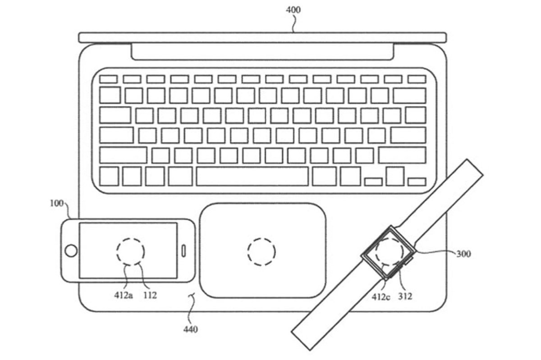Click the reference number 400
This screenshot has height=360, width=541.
[293, 9]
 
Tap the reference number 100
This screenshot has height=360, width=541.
[57, 203]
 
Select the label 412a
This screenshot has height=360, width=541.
[123, 296]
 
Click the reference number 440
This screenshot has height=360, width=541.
[190, 330]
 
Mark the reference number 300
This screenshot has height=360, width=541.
[463, 254]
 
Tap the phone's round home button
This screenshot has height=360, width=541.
[70, 251]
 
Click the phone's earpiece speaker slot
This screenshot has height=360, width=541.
[184, 250]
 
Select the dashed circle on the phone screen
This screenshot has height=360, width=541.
[130, 251]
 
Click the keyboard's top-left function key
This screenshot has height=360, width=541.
[108, 79]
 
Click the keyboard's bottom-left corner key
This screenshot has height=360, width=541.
[109, 176]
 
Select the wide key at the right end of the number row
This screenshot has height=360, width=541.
[409, 96]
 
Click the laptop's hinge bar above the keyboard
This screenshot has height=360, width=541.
[262, 52]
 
